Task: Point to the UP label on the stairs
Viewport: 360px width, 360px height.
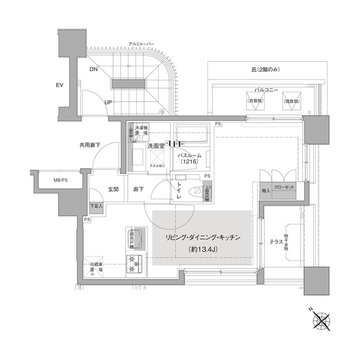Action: pyautogui.click(x=107, y=102)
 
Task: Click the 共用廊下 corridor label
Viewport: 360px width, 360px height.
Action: pyautogui.click(x=90, y=146)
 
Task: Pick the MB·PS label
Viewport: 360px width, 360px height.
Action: pyautogui.click(x=53, y=181)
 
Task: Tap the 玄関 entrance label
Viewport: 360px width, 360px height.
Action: pyautogui.click(x=113, y=190)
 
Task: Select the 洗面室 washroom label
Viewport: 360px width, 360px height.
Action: pyautogui.click(x=155, y=146)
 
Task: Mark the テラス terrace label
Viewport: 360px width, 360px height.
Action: pyautogui.click(x=276, y=241)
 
